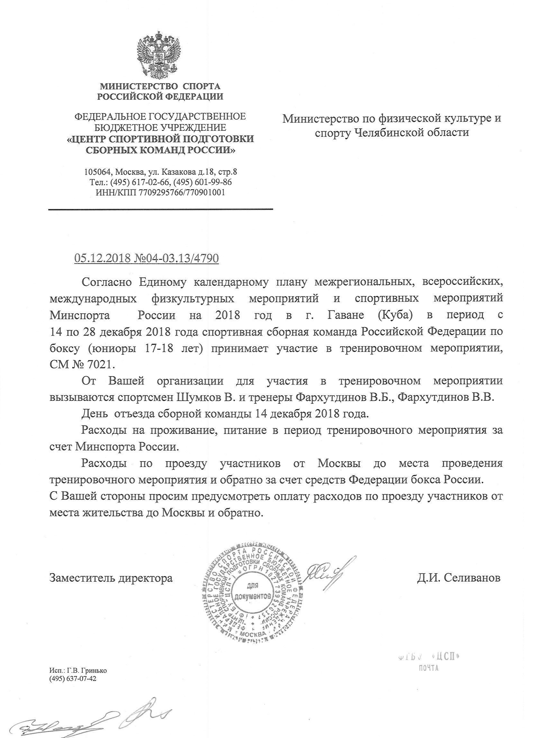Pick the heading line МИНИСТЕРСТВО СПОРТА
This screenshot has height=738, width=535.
coord(160,86)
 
